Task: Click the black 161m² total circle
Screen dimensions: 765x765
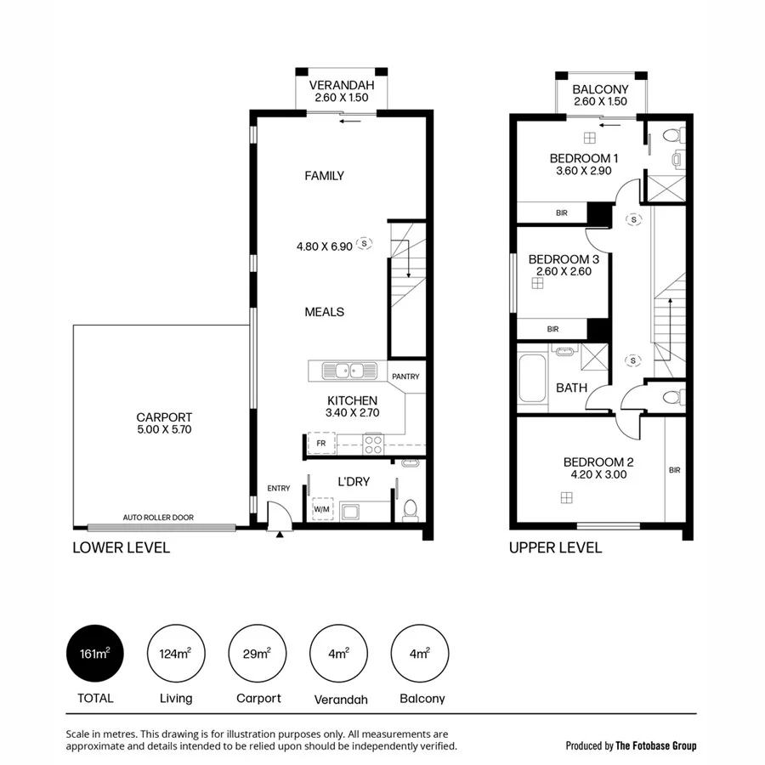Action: click(93, 654)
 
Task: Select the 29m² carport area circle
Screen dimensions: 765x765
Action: click(257, 654)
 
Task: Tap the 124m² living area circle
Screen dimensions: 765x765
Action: click(175, 654)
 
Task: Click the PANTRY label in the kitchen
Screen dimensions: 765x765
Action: click(405, 377)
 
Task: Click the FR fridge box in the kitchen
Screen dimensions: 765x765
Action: click(321, 444)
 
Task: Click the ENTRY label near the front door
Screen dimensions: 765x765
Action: click(279, 488)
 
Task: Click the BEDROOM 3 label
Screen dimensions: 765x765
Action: click(564, 259)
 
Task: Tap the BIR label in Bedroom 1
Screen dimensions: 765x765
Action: click(561, 213)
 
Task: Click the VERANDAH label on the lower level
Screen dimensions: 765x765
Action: click(338, 85)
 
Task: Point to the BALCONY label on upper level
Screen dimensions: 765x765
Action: click(600, 89)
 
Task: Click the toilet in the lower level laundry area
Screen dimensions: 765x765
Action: click(410, 509)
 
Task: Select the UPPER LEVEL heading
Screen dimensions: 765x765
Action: click(555, 547)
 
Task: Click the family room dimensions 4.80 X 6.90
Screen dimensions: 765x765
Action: click(324, 246)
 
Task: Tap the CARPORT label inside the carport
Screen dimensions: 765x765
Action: click(164, 417)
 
